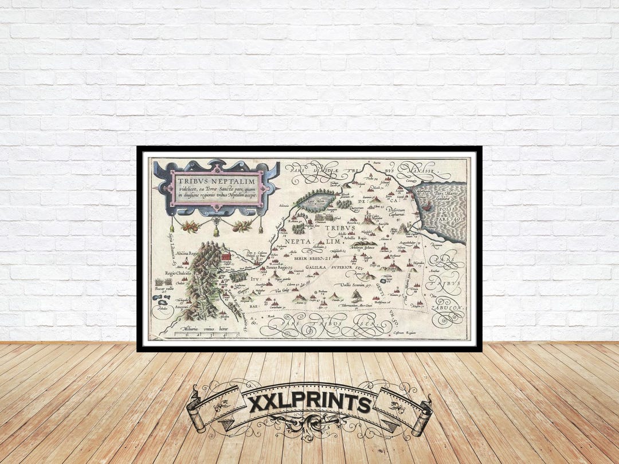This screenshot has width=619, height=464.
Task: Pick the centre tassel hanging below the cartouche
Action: (x=217, y=231)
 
